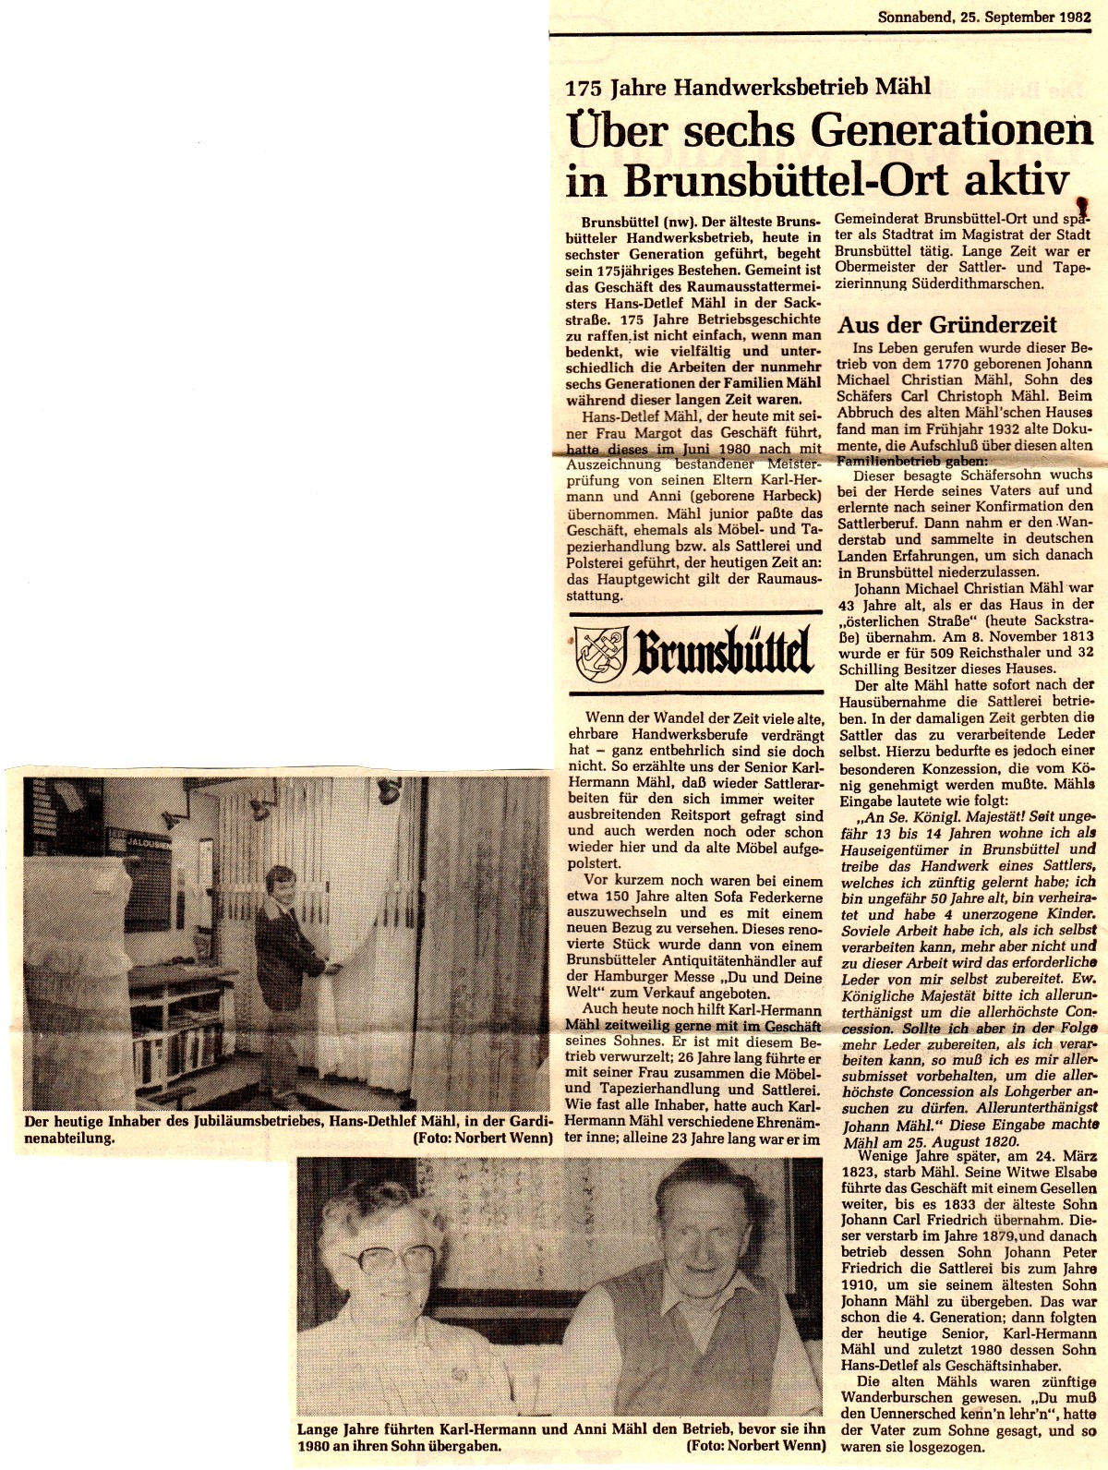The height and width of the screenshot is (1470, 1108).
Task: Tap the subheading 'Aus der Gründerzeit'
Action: tap(946, 324)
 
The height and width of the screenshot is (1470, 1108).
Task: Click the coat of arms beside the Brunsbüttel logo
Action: tap(600, 652)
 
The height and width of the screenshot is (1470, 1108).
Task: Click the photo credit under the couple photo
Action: tap(755, 1446)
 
